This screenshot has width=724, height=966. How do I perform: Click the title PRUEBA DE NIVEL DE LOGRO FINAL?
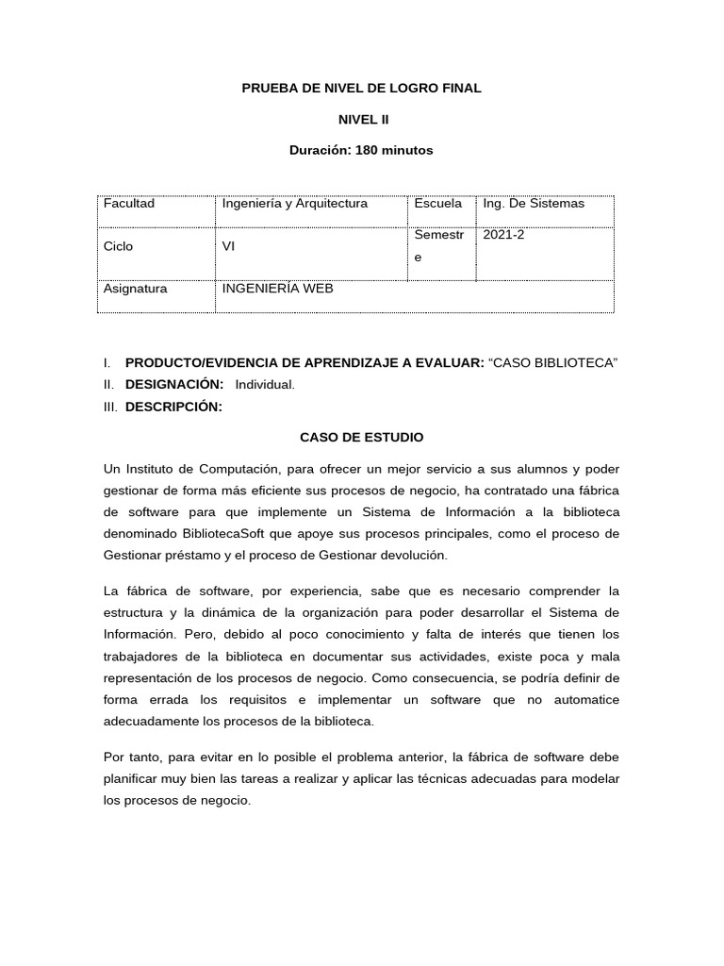point(362,88)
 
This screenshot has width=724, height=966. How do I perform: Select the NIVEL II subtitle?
point(363,120)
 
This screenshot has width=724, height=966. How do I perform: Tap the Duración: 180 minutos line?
point(362,151)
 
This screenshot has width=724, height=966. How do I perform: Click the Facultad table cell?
point(129,204)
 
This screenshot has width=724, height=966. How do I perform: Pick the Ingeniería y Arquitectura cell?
point(294,204)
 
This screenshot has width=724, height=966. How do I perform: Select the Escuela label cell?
point(437,204)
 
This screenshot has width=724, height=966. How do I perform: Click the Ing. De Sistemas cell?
point(534,204)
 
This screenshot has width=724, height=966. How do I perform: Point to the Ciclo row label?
point(119,246)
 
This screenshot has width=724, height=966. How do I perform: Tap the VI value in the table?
point(228,246)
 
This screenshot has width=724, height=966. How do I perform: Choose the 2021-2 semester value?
point(503,236)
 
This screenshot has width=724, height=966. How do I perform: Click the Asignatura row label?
point(136,289)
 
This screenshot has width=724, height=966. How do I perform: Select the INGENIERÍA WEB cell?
point(277,289)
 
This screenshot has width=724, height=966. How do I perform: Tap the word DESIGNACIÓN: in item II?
point(174,385)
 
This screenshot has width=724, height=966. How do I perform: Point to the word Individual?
point(265,385)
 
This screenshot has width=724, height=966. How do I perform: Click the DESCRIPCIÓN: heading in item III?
point(173,407)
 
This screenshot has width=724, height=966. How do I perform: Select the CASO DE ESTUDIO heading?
point(362,438)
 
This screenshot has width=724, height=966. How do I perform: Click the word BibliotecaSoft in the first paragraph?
point(220,534)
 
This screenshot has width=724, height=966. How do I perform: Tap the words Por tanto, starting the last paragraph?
point(130,758)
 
